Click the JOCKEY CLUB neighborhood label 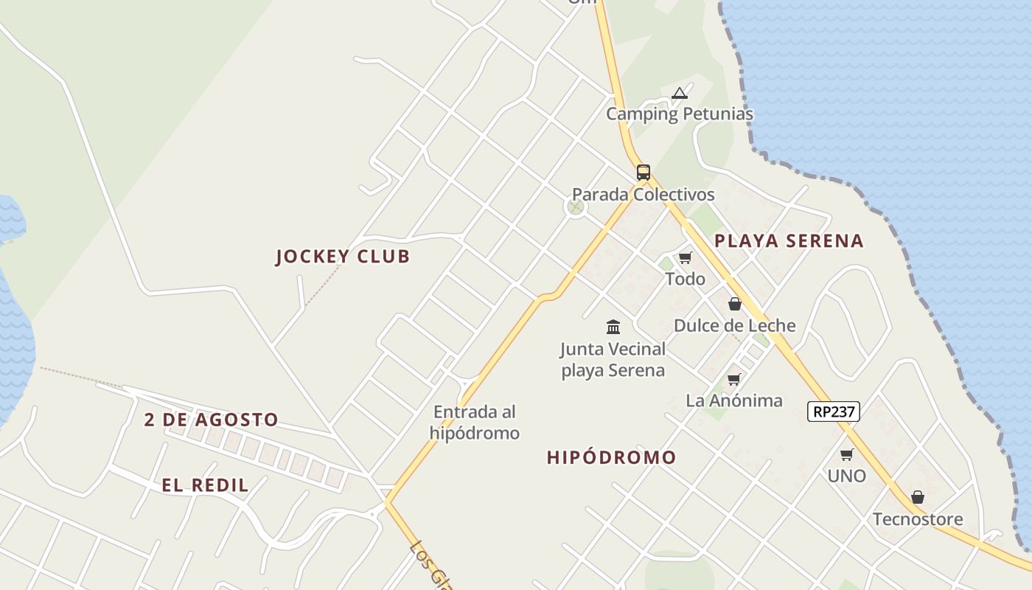pos(342,257)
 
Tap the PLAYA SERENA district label pos(789,240)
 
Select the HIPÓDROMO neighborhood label pos(611,457)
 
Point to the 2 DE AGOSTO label pos(211,420)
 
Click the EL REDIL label pos(205,485)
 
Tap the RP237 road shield pos(834,412)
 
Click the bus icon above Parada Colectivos pos(644,173)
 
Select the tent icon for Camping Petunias pos(680,94)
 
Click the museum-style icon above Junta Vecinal pos(613,327)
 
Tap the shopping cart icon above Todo pos(686,257)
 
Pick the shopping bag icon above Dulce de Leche pos(735,304)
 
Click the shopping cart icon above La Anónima pos(734,380)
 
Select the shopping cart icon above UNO pos(847,455)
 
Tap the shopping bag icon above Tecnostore pos(918,498)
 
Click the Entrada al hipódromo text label pos(475,423)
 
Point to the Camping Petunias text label pos(680,114)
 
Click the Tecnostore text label pos(918,519)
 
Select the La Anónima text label pos(734,400)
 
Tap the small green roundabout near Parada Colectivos pos(576,207)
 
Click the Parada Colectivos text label pos(644,195)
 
